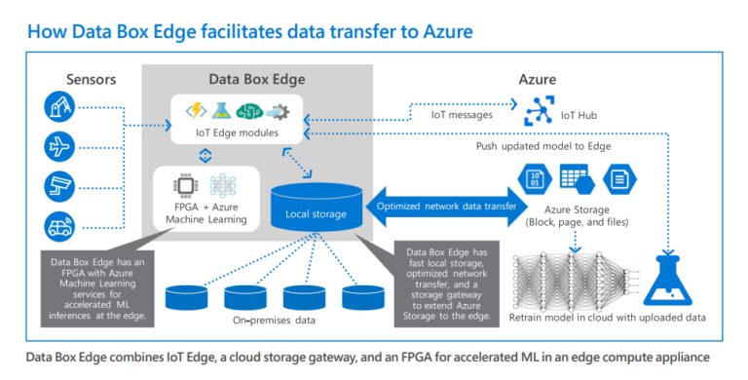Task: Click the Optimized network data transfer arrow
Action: [x=446, y=206]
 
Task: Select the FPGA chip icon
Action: [x=181, y=183]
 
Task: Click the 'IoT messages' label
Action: [x=462, y=115]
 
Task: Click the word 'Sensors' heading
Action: [x=92, y=78]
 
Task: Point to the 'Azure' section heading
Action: [x=537, y=79]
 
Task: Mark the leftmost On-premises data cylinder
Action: [x=188, y=297]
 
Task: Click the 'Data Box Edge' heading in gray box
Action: [x=256, y=78]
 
